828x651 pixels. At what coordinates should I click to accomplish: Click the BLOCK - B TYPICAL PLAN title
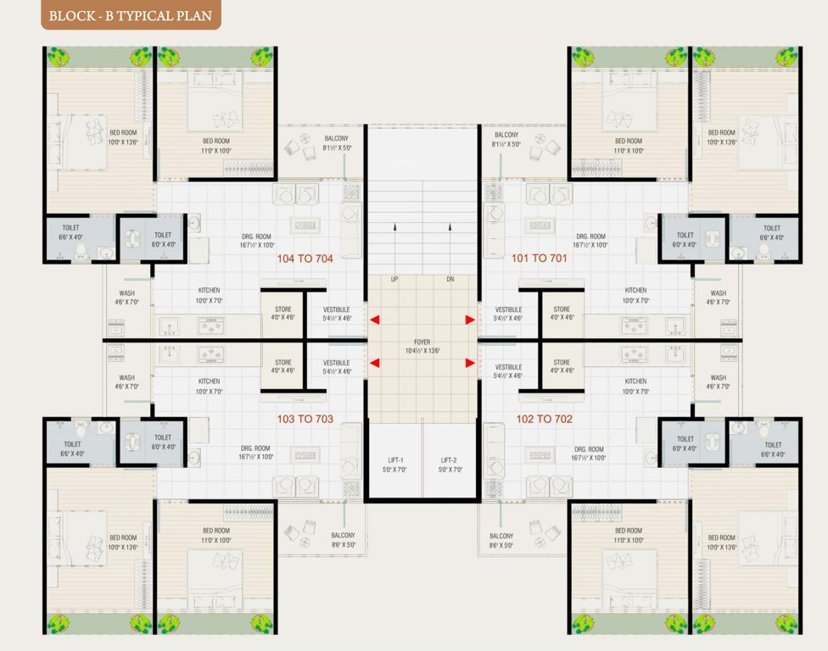point(131,15)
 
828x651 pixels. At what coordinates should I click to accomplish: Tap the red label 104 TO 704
point(305,258)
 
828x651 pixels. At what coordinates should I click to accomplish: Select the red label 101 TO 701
point(539,258)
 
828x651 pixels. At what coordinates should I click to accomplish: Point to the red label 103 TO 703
point(305,419)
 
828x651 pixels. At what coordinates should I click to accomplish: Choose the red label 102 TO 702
point(539,419)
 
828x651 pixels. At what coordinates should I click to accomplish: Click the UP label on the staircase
point(394,280)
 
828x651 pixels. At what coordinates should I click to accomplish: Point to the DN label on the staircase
point(450,280)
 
